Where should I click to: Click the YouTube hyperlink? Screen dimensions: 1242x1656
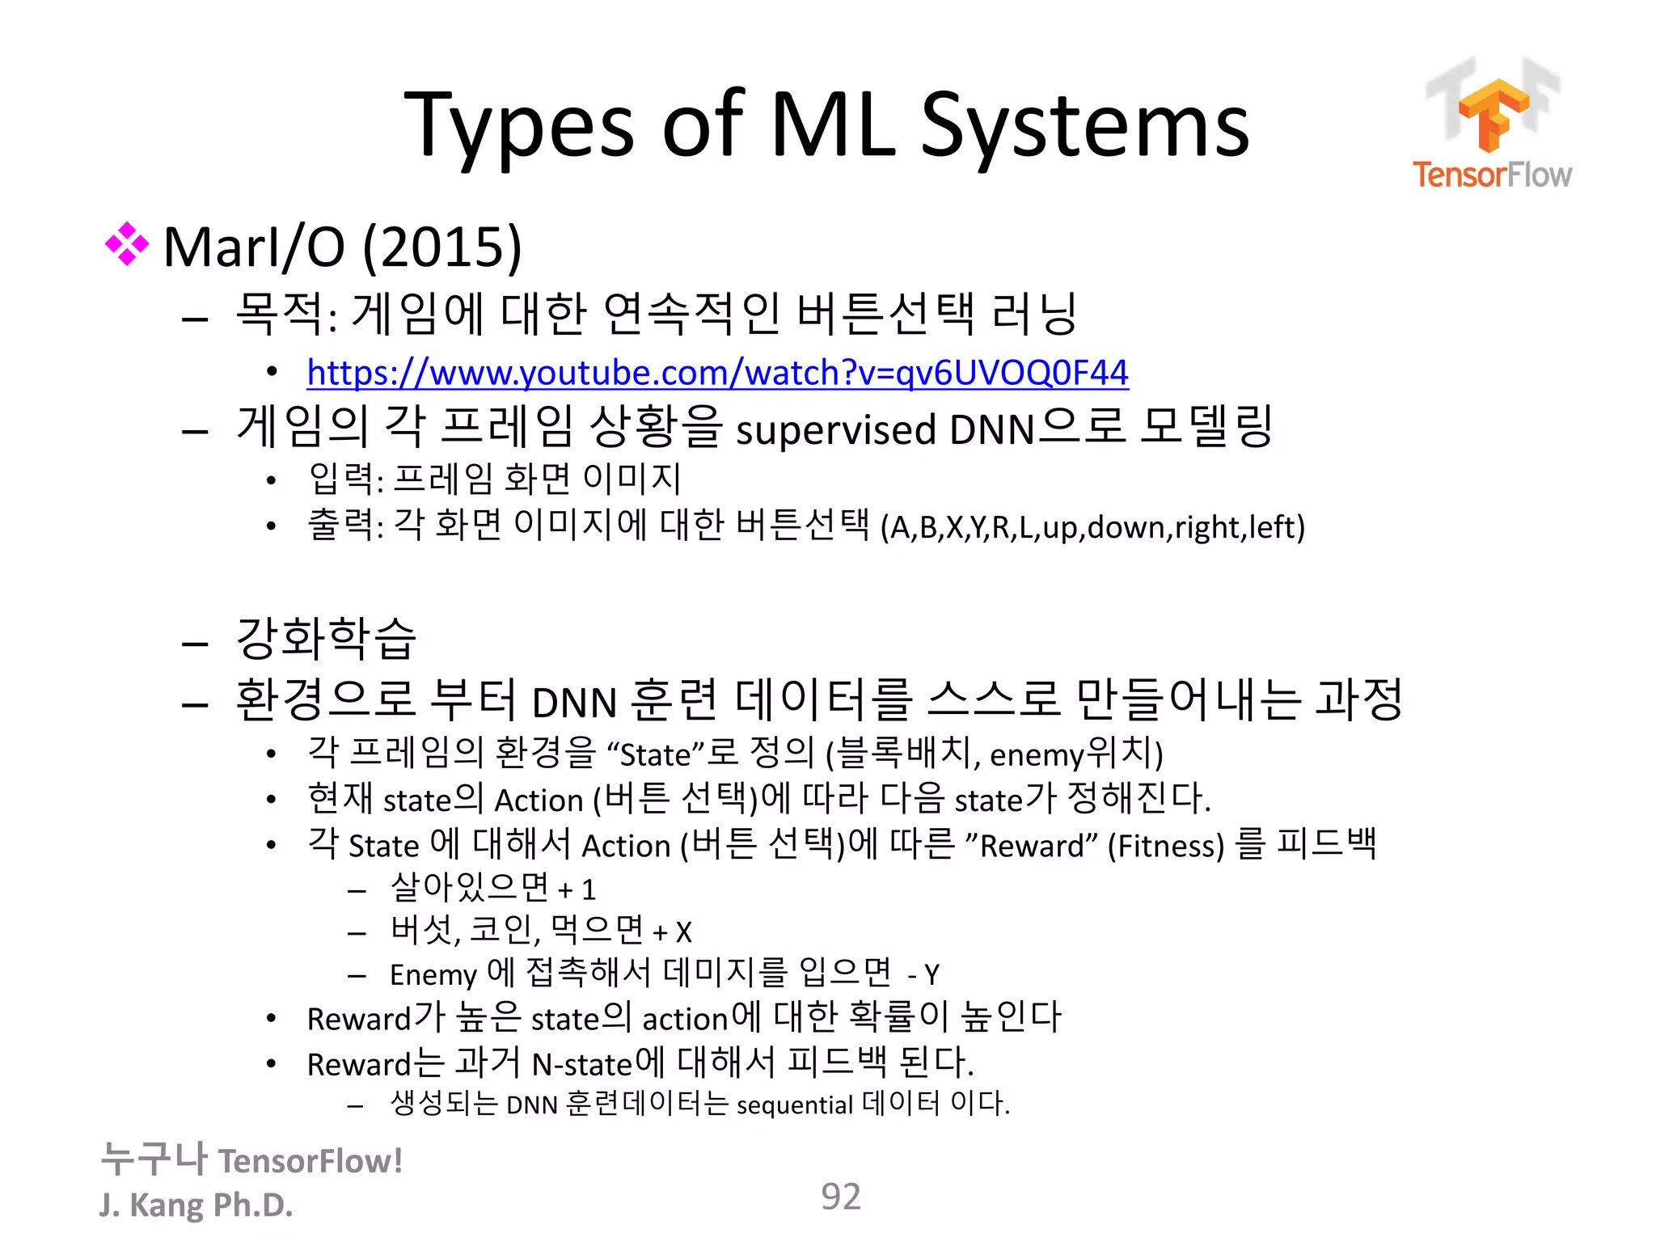[x=717, y=373]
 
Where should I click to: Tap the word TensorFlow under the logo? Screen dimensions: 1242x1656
[x=1492, y=175]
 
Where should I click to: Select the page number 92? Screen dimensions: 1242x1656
[x=840, y=1197]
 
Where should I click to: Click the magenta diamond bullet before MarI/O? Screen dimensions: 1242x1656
[x=127, y=243]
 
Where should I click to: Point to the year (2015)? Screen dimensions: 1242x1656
[x=441, y=247]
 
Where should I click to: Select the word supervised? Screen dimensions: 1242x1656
[x=836, y=429]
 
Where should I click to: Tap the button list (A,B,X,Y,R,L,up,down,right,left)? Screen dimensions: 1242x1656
[x=1092, y=527]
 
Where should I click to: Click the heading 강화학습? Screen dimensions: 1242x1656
[x=325, y=638]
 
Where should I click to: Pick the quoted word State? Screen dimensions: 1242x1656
[x=655, y=754]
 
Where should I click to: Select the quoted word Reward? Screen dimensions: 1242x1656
[x=1031, y=846]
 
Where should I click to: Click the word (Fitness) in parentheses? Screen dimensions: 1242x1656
[x=1166, y=846]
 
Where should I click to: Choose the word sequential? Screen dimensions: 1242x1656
[x=794, y=1105]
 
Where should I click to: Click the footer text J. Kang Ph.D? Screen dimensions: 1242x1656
[x=196, y=1205]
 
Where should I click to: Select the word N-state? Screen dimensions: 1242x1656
[x=581, y=1064]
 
